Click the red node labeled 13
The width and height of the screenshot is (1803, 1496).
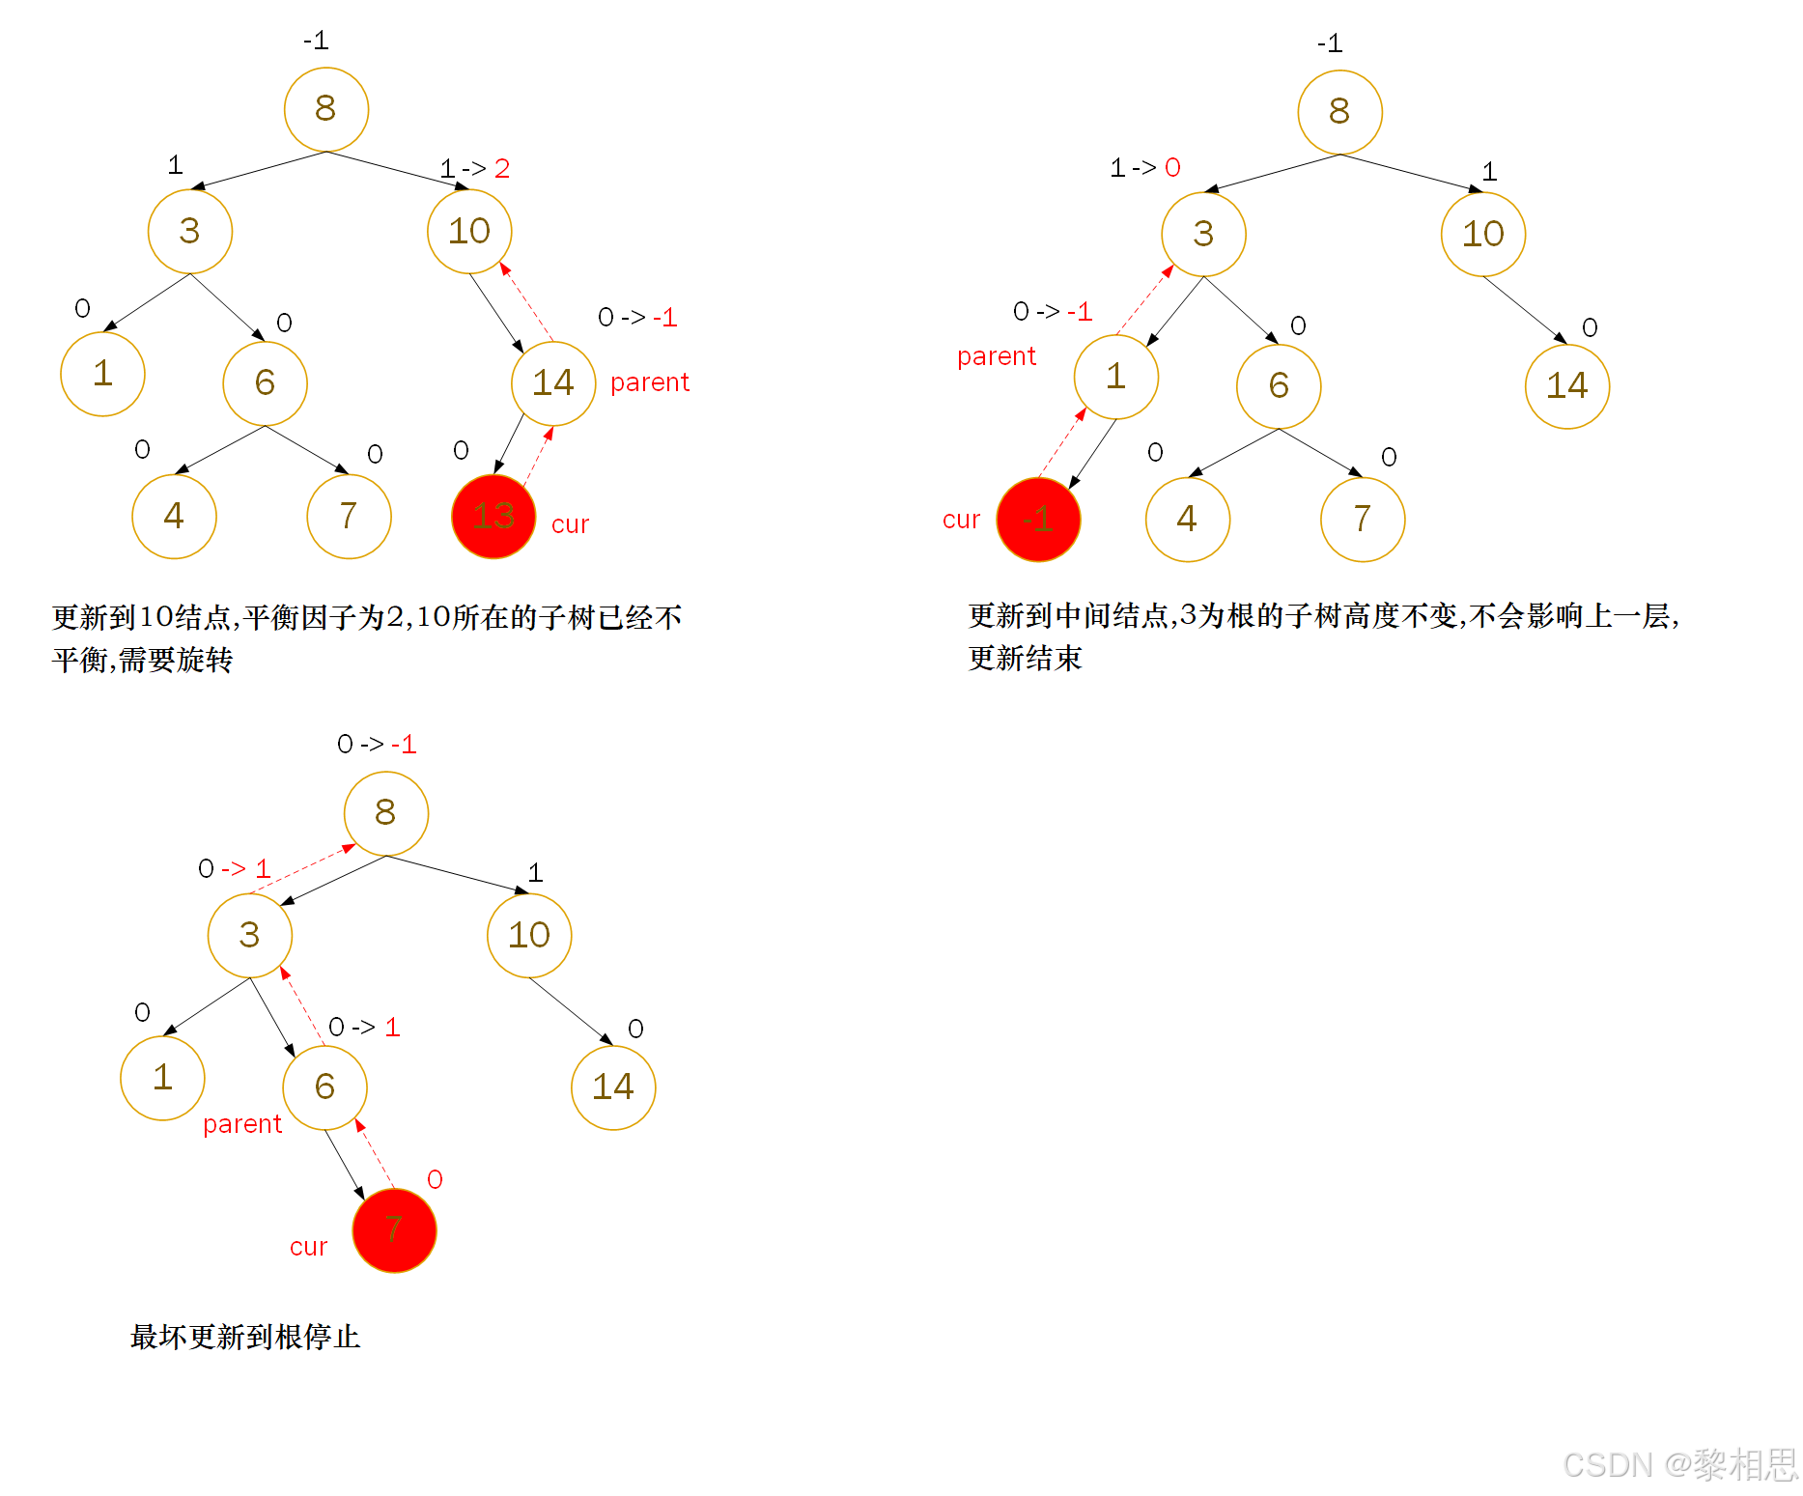pos(493,517)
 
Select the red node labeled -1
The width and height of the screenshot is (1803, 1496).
pos(1038,520)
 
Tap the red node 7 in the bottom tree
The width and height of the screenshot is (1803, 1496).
pos(394,1230)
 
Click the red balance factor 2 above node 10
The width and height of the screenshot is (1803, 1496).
pos(502,169)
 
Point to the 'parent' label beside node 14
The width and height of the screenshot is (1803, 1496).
pos(650,382)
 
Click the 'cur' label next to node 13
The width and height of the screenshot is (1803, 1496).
pos(570,524)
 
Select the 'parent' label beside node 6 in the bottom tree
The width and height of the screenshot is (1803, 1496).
pos(242,1124)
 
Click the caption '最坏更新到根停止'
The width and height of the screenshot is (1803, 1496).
pos(245,1338)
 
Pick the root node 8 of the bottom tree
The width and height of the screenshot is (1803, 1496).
pos(385,813)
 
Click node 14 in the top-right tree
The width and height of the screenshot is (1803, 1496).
pos(1566,386)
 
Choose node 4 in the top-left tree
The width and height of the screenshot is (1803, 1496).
pos(174,516)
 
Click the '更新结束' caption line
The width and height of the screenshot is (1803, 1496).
pos(1026,659)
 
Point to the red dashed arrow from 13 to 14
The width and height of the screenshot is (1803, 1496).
pos(538,455)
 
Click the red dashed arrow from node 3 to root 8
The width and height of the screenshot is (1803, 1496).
pos(303,869)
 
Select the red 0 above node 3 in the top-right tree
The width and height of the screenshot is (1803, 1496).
pos(1172,168)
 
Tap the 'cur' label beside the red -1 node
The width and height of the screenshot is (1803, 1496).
pos(961,520)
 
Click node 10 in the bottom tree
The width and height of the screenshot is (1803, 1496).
pos(529,935)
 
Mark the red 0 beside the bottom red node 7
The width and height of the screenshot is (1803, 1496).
pos(435,1179)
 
